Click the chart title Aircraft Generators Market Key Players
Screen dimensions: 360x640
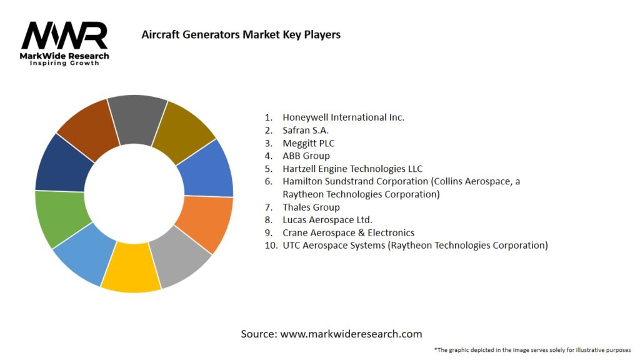pyautogui.click(x=241, y=34)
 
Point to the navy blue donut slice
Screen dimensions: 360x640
pyautogui.click(x=61, y=164)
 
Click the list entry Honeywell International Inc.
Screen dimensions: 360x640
pyautogui.click(x=343, y=117)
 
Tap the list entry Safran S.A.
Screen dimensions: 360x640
pyautogui.click(x=306, y=130)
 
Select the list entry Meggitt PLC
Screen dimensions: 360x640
pyautogui.click(x=308, y=143)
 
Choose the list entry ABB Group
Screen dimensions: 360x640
pyautogui.click(x=306, y=156)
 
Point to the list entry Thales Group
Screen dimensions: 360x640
pyautogui.click(x=311, y=207)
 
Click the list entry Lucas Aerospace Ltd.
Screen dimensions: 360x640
pyautogui.click(x=327, y=219)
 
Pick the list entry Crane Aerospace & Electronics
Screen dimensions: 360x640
pyautogui.click(x=348, y=232)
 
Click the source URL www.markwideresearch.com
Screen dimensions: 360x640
pyautogui.click(x=351, y=334)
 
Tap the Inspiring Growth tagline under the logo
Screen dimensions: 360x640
pyautogui.click(x=64, y=63)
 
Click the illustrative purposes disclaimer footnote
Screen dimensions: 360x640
pyautogui.click(x=532, y=349)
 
